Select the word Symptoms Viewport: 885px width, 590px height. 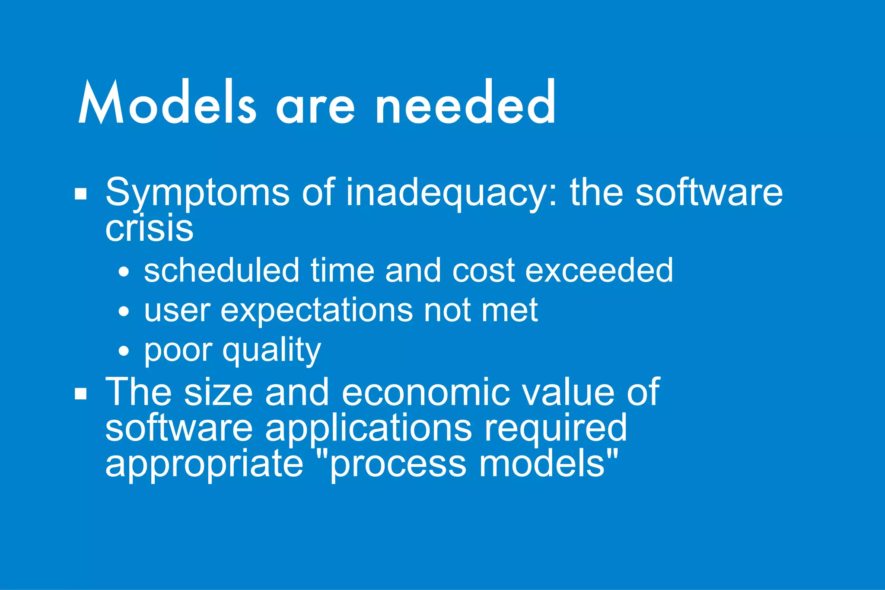coord(197,193)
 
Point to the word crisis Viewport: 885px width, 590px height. coord(149,228)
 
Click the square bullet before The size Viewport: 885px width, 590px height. coord(81,394)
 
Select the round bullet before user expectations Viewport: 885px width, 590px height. coord(124,312)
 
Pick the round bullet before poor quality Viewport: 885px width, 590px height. coord(124,351)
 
